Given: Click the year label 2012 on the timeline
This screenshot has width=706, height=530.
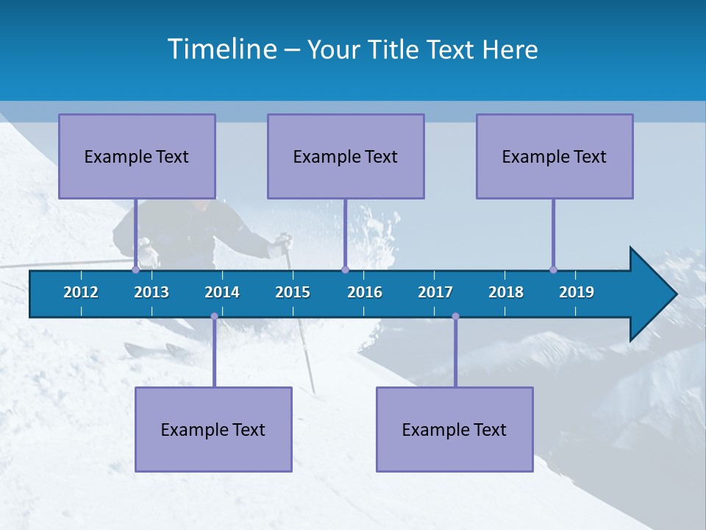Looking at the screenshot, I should [x=81, y=292].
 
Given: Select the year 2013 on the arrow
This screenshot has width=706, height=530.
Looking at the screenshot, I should [x=151, y=292].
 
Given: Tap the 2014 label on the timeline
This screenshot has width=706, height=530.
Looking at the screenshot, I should [x=222, y=292].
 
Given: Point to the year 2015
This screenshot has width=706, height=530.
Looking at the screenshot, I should [x=293, y=292].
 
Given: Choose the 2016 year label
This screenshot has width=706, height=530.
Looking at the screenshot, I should [x=365, y=292].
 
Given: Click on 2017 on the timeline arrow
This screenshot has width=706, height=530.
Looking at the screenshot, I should [x=435, y=292].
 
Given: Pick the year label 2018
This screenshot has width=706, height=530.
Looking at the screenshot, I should [x=506, y=292].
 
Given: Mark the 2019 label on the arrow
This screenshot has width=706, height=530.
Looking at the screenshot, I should [x=577, y=292].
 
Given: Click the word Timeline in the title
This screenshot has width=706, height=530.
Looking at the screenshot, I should [x=221, y=49].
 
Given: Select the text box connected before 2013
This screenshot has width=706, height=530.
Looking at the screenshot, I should [x=137, y=156].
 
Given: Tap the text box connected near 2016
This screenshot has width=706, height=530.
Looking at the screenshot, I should [x=346, y=156].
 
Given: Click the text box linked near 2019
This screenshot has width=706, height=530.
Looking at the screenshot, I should [x=555, y=156].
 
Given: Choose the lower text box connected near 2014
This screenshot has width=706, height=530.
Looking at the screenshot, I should [x=213, y=429].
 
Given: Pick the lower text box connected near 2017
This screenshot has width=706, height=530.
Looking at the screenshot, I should [x=454, y=429].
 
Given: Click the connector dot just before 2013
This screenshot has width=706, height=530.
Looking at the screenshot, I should [x=135, y=269].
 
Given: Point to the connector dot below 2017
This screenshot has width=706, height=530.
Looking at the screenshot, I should [x=455, y=317].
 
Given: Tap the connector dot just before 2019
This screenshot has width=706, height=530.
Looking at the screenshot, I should [x=553, y=269].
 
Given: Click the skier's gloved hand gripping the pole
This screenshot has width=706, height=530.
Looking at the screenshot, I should [x=282, y=244].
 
